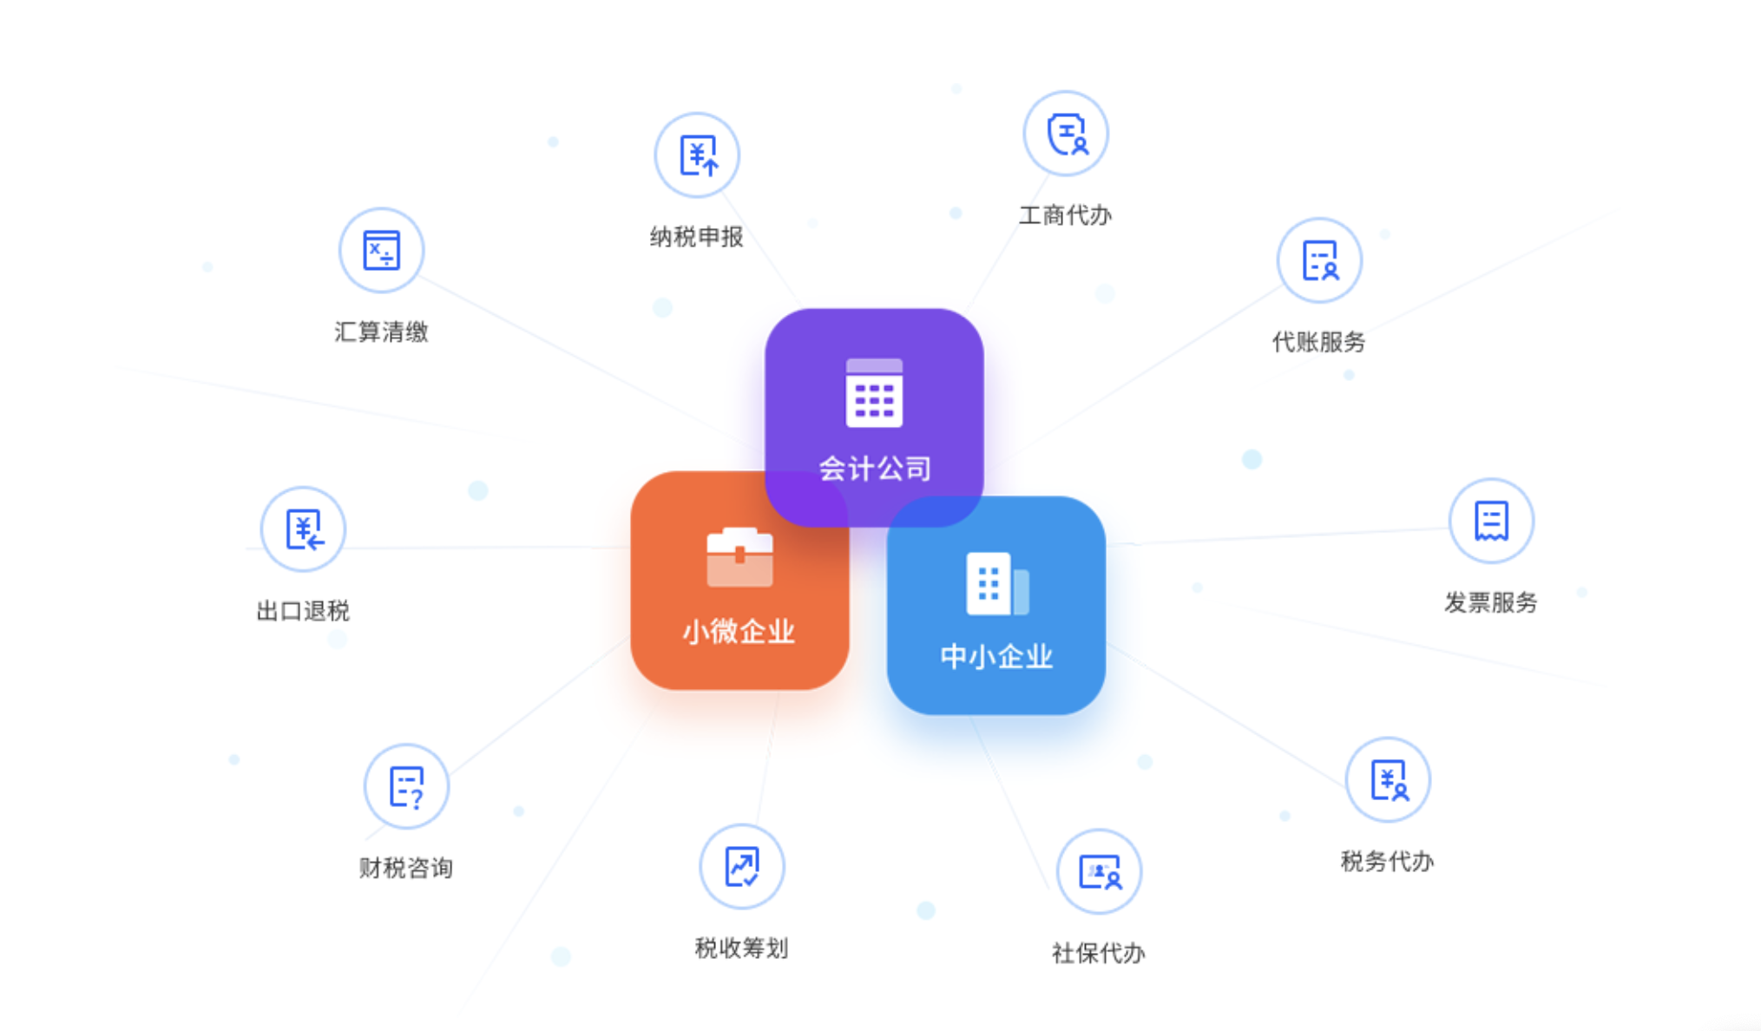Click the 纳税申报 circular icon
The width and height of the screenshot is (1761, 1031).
coord(697,155)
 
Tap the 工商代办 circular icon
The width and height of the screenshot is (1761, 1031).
coord(1066,134)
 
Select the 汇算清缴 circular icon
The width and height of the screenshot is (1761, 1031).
coord(381,251)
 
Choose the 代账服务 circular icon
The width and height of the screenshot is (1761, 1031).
coord(1319,260)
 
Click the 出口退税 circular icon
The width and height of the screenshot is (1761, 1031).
coord(303,529)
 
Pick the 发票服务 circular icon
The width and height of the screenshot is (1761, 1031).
coord(1491,521)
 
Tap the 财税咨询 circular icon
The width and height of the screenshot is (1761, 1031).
coord(406,786)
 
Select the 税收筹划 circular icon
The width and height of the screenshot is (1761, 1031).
coord(742,866)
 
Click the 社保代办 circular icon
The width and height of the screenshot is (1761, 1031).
coord(1099,871)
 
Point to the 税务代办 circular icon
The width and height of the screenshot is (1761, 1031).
coord(1388,779)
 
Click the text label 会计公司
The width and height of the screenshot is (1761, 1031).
coord(875,469)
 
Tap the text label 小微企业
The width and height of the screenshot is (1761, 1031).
coord(739,631)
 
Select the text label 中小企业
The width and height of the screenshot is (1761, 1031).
coord(996,656)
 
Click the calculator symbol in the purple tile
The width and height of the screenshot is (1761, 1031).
coord(874,392)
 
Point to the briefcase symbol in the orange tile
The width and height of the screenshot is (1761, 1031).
coord(739,557)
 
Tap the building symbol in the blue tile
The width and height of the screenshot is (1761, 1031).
coord(997,583)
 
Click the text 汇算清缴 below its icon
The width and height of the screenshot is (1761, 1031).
coord(381,332)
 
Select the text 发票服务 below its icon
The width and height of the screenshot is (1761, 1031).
coord(1491,602)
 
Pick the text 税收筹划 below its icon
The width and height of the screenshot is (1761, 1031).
coord(742,948)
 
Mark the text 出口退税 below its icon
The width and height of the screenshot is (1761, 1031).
coord(303,611)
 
